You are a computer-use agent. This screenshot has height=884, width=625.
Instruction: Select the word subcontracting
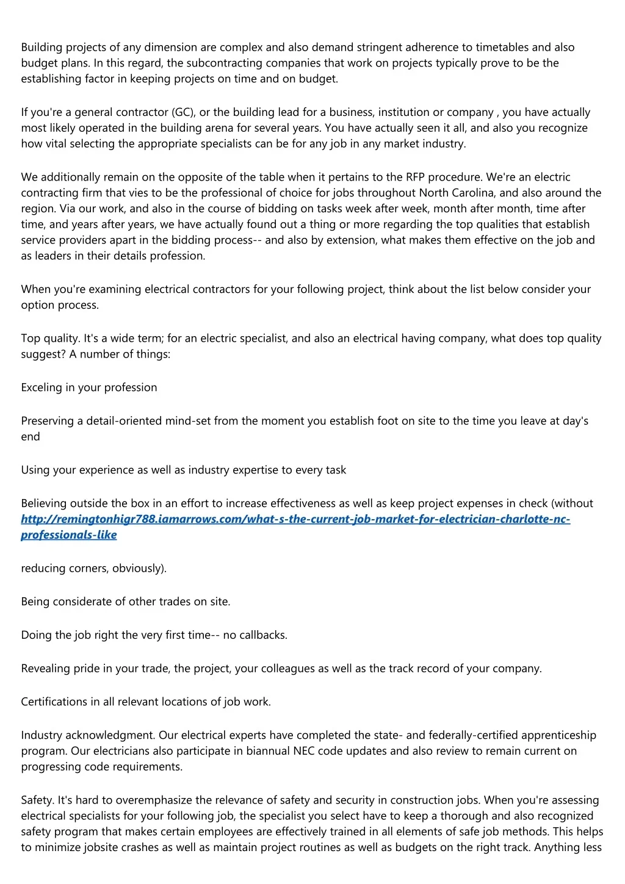(222, 63)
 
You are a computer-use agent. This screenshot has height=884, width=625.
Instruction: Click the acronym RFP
(415, 178)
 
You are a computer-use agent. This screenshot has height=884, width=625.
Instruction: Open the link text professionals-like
(69, 535)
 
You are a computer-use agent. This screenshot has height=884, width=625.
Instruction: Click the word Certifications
(54, 702)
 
